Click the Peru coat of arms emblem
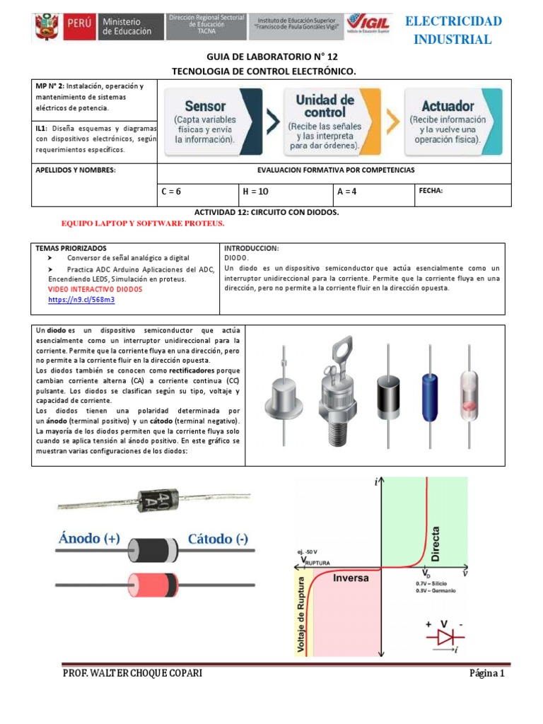tap(47, 28)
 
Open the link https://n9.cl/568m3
tap(81, 300)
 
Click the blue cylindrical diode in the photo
tap(430, 385)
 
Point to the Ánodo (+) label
tap(88, 539)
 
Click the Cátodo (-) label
tap(218, 539)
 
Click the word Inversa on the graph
tap(351, 577)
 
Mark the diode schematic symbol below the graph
tap(446, 636)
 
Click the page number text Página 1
tap(486, 673)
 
